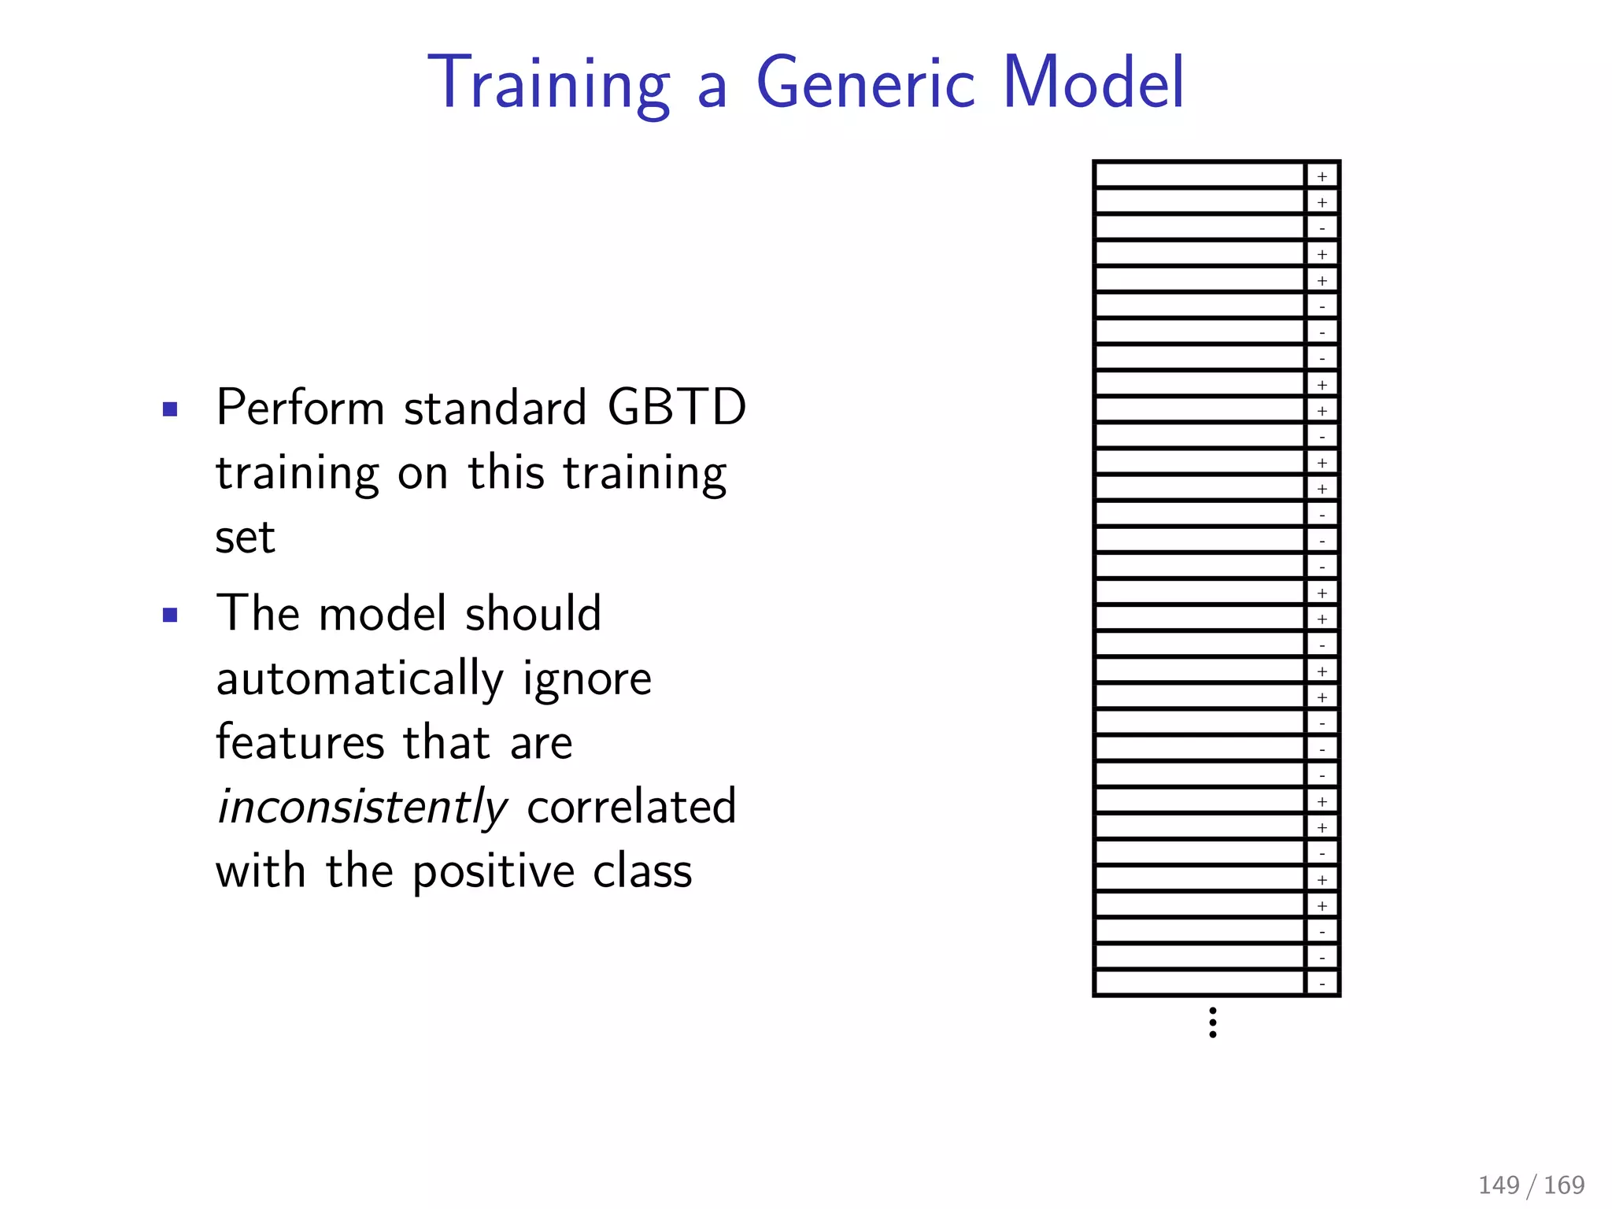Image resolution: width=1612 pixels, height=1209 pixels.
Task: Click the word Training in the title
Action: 549,83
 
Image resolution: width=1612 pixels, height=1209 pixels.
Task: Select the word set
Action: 245,538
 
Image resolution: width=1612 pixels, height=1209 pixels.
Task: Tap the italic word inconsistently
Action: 361,807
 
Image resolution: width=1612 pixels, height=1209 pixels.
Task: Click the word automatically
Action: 360,679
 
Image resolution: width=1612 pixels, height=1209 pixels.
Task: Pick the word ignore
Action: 586,679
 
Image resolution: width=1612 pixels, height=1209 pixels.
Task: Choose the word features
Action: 300,742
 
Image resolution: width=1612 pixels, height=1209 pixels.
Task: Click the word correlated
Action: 631,807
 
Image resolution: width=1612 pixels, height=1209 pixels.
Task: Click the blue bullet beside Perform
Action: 170,409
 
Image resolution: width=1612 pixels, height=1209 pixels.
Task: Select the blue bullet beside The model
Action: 170,615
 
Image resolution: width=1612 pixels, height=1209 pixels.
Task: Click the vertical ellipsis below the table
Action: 1213,1022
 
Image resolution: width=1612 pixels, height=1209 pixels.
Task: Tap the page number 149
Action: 1499,1185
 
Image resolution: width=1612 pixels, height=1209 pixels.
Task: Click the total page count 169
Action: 1564,1185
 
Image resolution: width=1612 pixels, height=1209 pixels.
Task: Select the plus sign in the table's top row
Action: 1322,176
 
